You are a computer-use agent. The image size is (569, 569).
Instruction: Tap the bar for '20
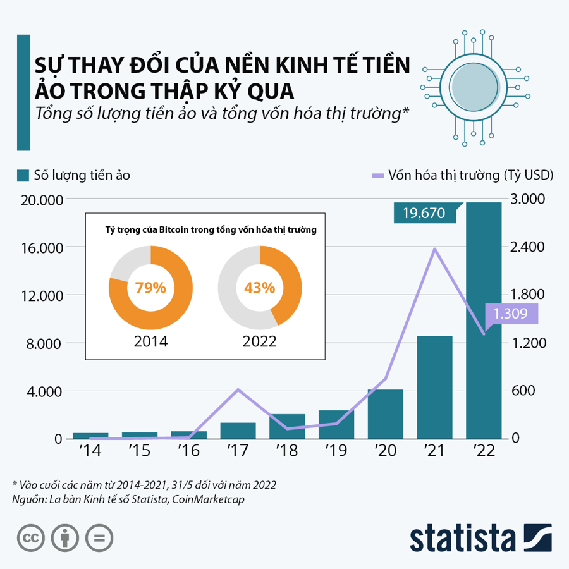pyautogui.click(x=386, y=413)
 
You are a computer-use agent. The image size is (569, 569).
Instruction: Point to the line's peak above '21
pyautogui.click(x=435, y=248)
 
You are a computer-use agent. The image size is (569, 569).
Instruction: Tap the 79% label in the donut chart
pyautogui.click(x=150, y=288)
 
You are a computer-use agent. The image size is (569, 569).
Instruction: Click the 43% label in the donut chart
pyautogui.click(x=259, y=288)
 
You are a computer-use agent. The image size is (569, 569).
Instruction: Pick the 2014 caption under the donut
pyautogui.click(x=150, y=341)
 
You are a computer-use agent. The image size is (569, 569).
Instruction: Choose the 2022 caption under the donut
pyautogui.click(x=259, y=341)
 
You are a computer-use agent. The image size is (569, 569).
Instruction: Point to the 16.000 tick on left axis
pyautogui.click(x=41, y=248)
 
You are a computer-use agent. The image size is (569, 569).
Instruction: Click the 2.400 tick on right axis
pyautogui.click(x=528, y=247)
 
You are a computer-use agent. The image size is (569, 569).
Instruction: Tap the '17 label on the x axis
pyautogui.click(x=238, y=451)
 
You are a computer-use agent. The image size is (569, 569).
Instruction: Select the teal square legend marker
pyautogui.click(x=23, y=175)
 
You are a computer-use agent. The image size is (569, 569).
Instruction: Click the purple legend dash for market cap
pyautogui.click(x=377, y=175)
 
